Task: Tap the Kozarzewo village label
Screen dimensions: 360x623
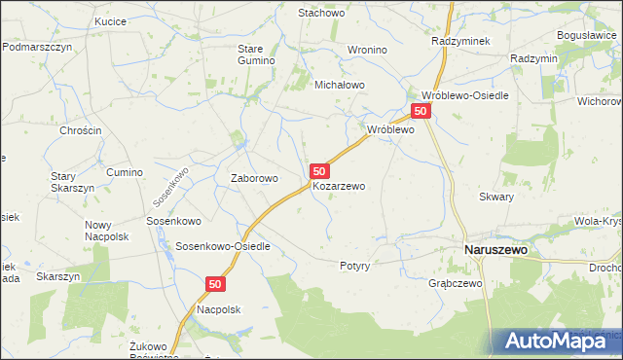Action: [x=339, y=186]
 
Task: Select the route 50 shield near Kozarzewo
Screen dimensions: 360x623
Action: [x=319, y=170]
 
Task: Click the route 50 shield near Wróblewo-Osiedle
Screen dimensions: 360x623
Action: [x=421, y=112]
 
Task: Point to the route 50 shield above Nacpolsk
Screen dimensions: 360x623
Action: [x=215, y=284]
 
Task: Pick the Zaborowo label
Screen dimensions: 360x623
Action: [x=254, y=178]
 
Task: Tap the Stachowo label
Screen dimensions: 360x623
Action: [x=322, y=13]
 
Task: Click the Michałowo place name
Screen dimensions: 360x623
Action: [x=338, y=85]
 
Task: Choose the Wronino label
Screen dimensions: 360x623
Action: [x=367, y=49]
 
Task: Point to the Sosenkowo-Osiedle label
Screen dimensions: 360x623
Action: [x=223, y=246]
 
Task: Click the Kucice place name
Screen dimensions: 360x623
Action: [x=111, y=20]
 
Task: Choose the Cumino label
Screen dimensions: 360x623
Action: [x=125, y=172]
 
